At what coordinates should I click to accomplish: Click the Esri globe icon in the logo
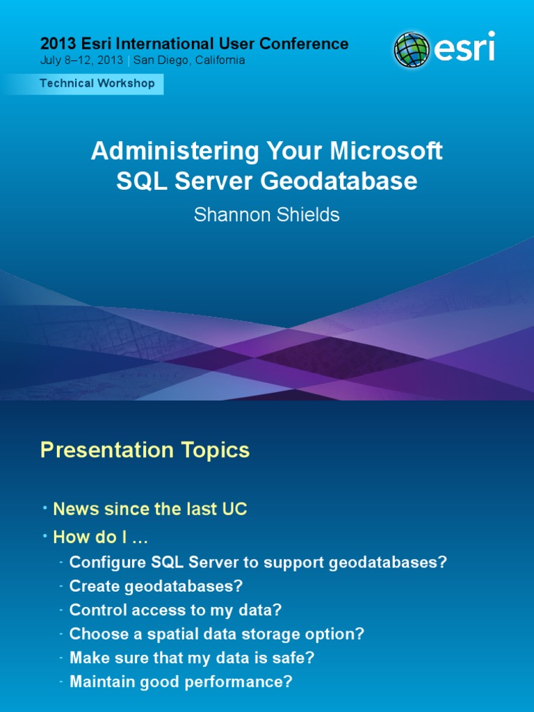412,50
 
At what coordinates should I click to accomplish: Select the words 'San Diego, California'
189,60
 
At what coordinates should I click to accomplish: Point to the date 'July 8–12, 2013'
81,60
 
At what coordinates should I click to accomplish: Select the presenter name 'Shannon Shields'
267,215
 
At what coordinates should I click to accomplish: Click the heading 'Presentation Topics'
145,451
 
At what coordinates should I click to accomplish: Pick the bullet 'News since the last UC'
150,509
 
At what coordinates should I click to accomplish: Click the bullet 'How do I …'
101,537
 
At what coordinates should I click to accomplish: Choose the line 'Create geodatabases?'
156,586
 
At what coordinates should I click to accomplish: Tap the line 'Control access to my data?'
175,610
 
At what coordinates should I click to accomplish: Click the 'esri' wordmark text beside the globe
465,49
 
